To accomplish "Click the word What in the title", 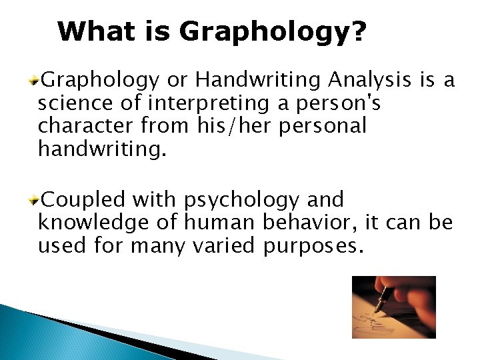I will [92, 31].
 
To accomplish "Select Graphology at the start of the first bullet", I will [100, 81].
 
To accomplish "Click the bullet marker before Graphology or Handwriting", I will [36, 81].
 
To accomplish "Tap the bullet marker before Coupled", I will [36, 199].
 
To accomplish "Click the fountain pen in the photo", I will [385, 299].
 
